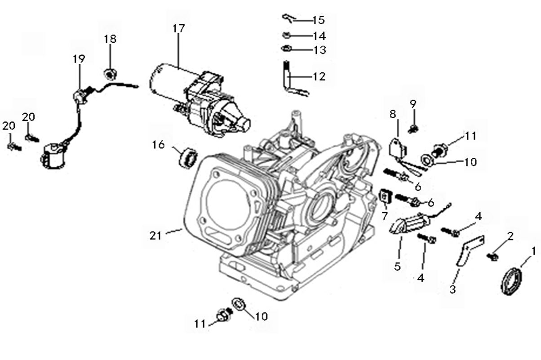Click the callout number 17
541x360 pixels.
point(178,28)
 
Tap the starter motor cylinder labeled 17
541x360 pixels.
point(169,81)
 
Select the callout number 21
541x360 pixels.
point(155,235)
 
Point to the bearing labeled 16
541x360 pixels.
point(188,157)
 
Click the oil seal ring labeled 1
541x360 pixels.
point(511,281)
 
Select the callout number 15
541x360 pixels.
point(318,20)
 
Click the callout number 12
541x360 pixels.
point(319,76)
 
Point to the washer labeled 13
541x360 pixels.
point(285,49)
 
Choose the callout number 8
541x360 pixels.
point(393,114)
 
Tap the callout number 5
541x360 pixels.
point(397,266)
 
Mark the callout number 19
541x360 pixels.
point(79,59)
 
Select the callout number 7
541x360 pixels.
point(385,216)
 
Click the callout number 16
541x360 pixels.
point(158,145)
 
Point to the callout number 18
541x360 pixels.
point(110,39)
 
